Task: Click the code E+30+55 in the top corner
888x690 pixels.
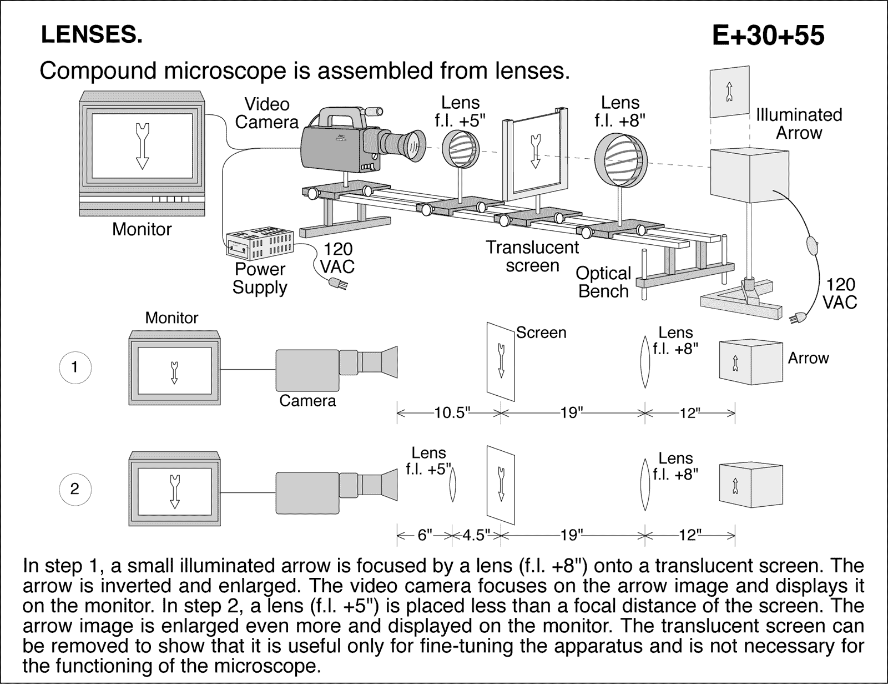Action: (768, 36)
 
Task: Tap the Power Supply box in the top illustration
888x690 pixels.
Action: (259, 243)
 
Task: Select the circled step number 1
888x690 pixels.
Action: (75, 367)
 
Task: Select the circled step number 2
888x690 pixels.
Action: (75, 489)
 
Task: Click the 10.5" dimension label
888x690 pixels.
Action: (452, 413)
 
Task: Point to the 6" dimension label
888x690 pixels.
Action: (425, 535)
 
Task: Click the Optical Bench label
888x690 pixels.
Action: (603, 282)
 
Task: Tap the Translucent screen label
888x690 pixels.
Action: (532, 256)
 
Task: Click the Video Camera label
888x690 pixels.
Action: (267, 113)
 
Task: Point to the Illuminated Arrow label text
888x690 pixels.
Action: (799, 124)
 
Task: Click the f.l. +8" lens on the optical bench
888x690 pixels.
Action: (621, 160)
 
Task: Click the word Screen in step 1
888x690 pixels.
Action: (541, 333)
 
